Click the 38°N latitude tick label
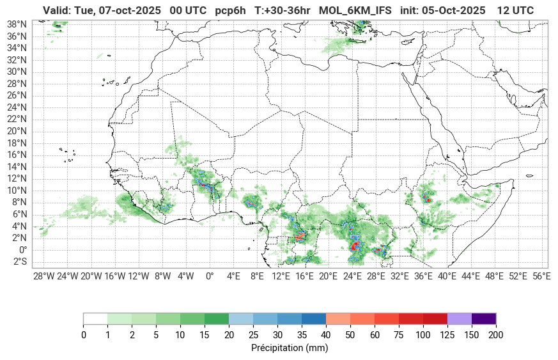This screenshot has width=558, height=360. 17,24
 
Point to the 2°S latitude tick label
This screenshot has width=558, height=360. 20,262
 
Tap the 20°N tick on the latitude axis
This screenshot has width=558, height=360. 17,131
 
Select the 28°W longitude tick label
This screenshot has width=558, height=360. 43,276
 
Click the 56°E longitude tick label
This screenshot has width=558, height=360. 541,276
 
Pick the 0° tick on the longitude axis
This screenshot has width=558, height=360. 210,276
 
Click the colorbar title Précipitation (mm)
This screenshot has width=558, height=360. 290,348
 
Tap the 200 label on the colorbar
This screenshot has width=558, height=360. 496,335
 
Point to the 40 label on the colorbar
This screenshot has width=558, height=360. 326,335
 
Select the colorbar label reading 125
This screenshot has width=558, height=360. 447,335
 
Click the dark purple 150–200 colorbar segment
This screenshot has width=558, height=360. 484,318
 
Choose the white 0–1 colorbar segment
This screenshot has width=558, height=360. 95,318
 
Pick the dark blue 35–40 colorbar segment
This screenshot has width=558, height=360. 314,318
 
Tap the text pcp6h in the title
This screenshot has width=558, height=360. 230,10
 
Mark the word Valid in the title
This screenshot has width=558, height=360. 56,10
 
